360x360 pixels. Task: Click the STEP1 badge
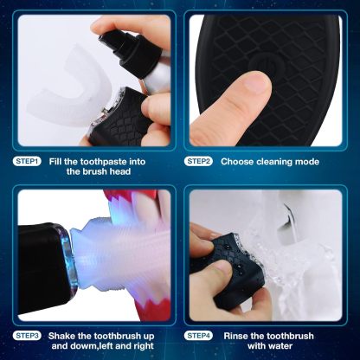pyautogui.click(x=27, y=162)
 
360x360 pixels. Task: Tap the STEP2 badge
pyautogui.click(x=198, y=162)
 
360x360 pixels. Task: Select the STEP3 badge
pyautogui.click(x=27, y=336)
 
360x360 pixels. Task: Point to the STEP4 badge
pyautogui.click(x=198, y=336)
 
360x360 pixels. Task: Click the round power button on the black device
pyautogui.click(x=265, y=63)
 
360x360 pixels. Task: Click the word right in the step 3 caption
pyautogui.click(x=144, y=346)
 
